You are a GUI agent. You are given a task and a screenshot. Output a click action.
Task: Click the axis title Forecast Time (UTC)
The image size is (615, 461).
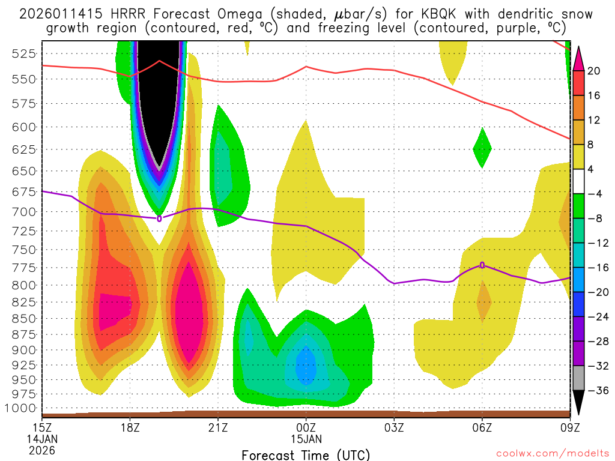306,454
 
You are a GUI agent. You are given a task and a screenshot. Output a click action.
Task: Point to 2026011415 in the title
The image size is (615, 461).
58,14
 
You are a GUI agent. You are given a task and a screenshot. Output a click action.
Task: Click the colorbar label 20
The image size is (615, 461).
594,71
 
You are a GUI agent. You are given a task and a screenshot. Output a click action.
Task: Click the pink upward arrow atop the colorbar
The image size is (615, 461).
579,57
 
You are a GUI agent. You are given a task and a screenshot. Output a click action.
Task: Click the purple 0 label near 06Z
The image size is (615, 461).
482,265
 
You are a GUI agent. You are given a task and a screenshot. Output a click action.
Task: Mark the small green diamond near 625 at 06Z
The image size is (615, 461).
482,148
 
